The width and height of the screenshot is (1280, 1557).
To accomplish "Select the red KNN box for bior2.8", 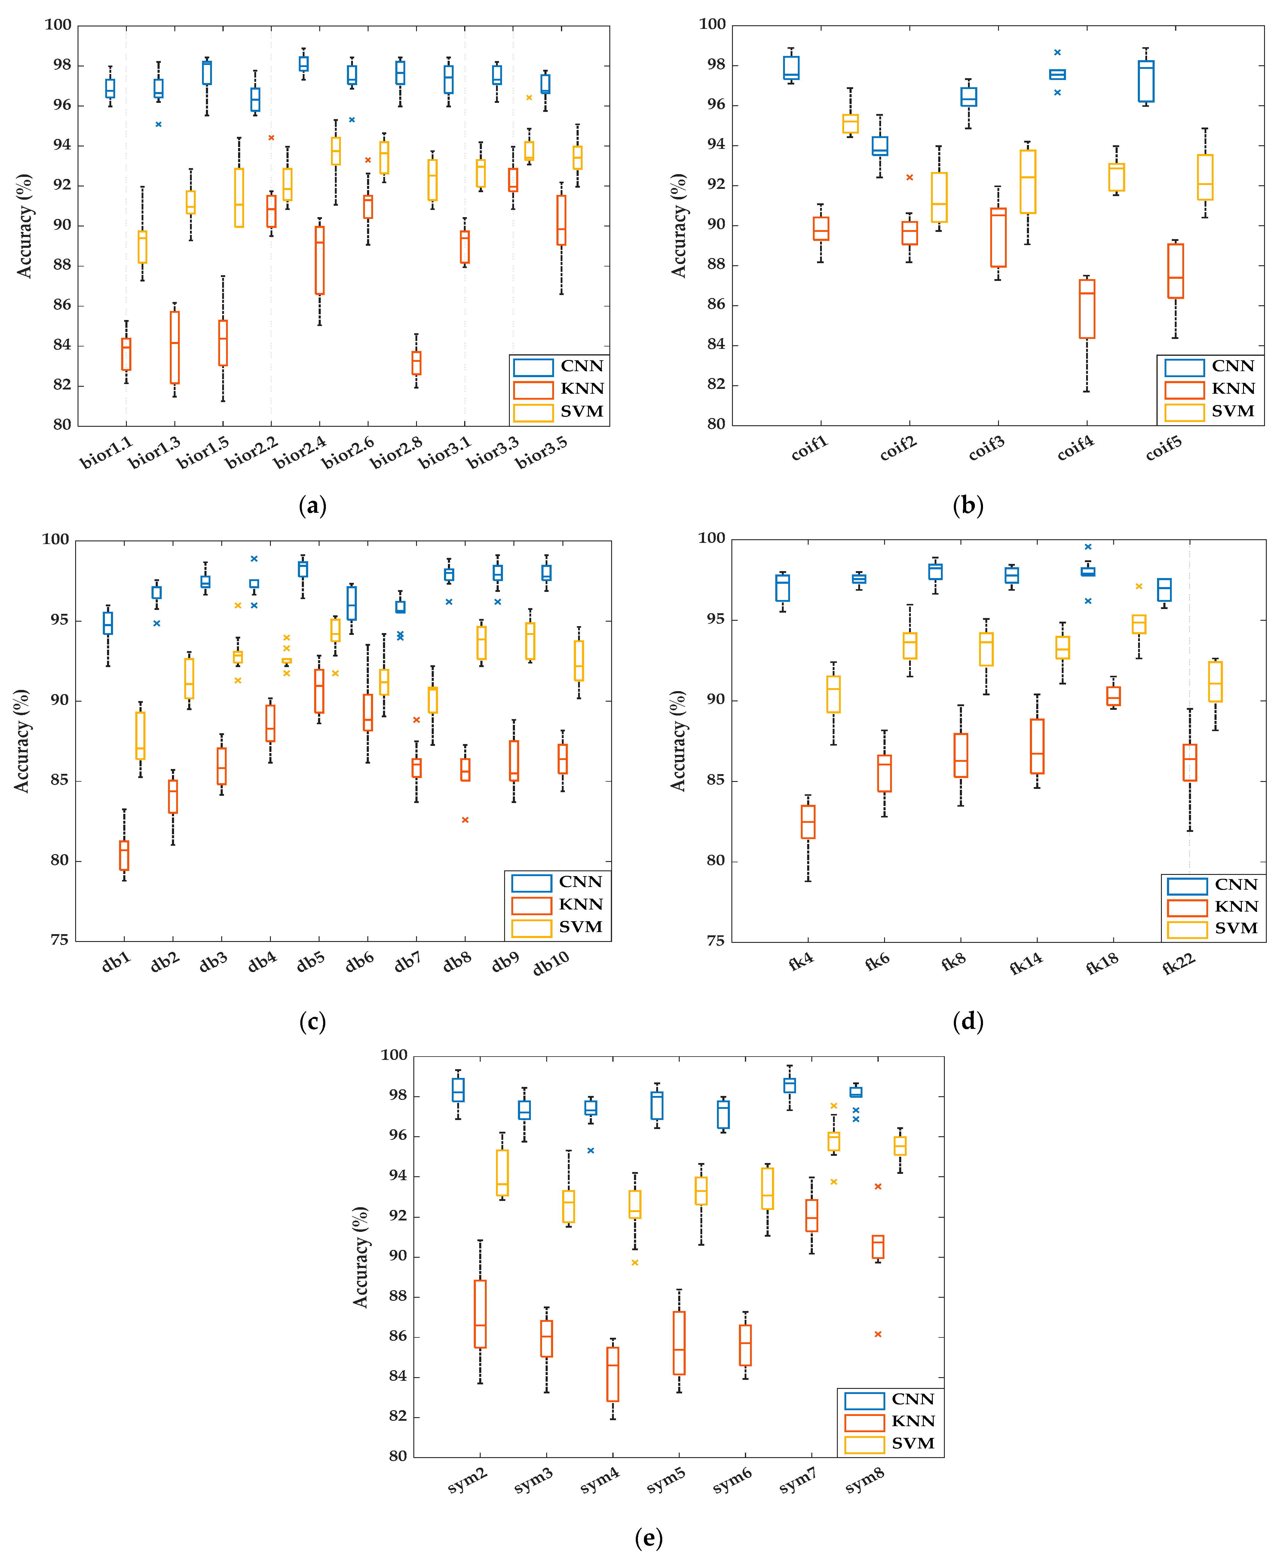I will (x=417, y=363).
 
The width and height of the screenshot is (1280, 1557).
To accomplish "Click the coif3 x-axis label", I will (x=987, y=448).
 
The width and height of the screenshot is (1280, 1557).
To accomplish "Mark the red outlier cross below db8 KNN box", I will (x=465, y=820).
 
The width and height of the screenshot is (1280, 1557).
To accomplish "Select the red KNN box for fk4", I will (x=808, y=822).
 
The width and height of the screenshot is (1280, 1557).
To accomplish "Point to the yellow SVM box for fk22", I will (x=1215, y=682).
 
